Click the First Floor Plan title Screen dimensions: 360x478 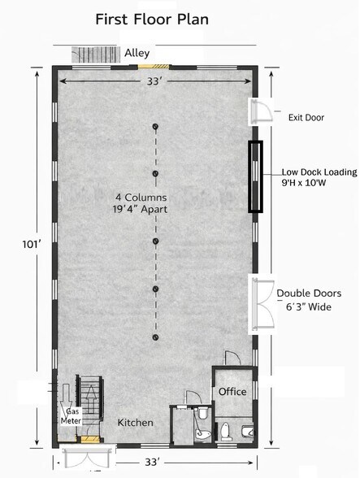point(152,20)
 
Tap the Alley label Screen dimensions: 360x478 point(137,53)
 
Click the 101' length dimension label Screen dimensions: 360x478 point(32,244)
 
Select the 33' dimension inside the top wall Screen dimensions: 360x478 point(154,81)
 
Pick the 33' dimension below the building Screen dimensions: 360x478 point(152,462)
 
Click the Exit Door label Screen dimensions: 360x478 point(306,117)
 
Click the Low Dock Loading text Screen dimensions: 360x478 point(319,172)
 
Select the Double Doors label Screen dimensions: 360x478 point(309,293)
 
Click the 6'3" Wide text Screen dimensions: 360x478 point(309,306)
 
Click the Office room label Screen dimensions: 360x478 point(232,392)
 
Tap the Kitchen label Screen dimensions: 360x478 point(136,423)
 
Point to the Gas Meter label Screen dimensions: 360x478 point(71,416)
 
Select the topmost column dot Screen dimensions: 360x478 point(155,126)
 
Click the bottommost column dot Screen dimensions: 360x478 point(155,337)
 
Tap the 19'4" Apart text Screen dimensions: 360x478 point(141,210)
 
